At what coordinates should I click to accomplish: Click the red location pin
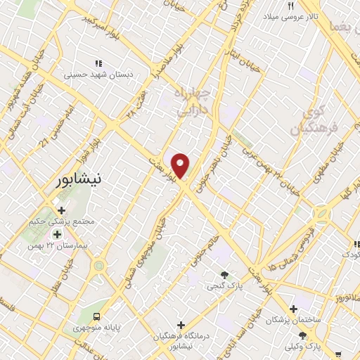click(181, 165)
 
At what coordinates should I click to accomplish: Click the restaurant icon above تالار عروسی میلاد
click(290, 6)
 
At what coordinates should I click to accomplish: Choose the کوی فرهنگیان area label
click(314, 120)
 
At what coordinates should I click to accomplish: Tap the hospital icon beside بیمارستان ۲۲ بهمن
click(57, 234)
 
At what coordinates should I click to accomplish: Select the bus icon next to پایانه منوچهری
click(97, 316)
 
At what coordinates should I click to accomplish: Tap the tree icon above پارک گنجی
click(224, 274)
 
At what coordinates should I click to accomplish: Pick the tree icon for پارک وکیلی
click(302, 335)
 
